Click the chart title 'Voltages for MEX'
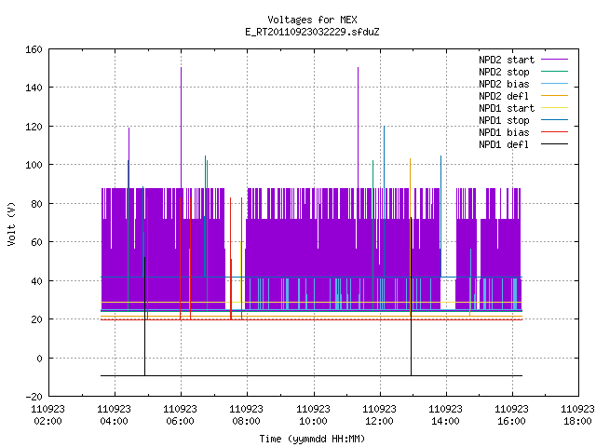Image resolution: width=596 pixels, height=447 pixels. coord(312,20)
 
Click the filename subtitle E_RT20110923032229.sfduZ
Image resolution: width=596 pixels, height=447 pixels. coord(312,32)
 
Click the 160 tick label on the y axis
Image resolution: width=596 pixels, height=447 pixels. coord(34,49)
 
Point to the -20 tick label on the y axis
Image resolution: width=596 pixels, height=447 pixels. coord(34,397)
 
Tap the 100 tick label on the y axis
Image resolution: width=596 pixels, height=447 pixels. coord(34,165)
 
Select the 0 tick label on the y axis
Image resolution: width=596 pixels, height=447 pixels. coord(39,359)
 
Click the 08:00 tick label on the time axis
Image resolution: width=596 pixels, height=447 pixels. coord(246,415)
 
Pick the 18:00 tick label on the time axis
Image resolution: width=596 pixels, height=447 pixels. coord(577,415)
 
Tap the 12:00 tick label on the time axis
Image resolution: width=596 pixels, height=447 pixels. coord(379,415)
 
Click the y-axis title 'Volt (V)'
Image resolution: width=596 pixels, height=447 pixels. coord(11,223)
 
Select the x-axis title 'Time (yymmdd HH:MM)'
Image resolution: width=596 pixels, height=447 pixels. coord(312,439)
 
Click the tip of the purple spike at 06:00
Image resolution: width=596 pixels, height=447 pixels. coord(181,68)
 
